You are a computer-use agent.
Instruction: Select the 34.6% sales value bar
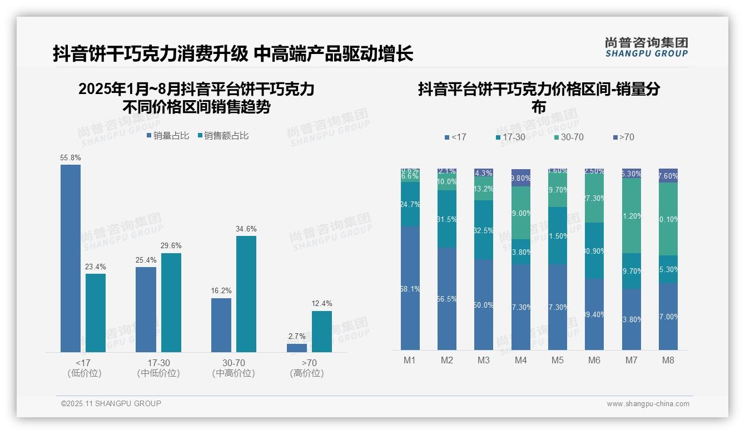click(246, 294)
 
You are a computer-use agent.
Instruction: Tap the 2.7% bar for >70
click(296, 348)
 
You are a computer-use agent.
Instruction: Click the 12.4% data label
click(322, 304)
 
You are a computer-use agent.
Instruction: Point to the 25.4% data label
click(146, 260)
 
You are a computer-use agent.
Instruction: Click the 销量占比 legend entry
click(168, 136)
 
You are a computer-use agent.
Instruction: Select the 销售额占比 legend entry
click(223, 136)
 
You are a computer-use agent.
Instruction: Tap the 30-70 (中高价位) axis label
click(234, 368)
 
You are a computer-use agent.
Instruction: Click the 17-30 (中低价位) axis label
click(158, 368)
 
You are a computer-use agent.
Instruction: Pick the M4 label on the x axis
click(520, 361)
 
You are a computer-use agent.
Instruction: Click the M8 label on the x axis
click(668, 361)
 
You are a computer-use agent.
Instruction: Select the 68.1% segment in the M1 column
click(410, 288)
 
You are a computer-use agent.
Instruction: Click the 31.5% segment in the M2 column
click(446, 219)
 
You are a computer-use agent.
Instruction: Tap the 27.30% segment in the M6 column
click(594, 199)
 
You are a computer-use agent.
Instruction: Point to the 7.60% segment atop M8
click(668, 176)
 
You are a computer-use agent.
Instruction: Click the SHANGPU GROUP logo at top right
click(646, 47)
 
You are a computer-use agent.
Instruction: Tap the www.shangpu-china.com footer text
click(648, 404)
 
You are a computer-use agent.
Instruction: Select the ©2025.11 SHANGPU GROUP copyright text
click(111, 403)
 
